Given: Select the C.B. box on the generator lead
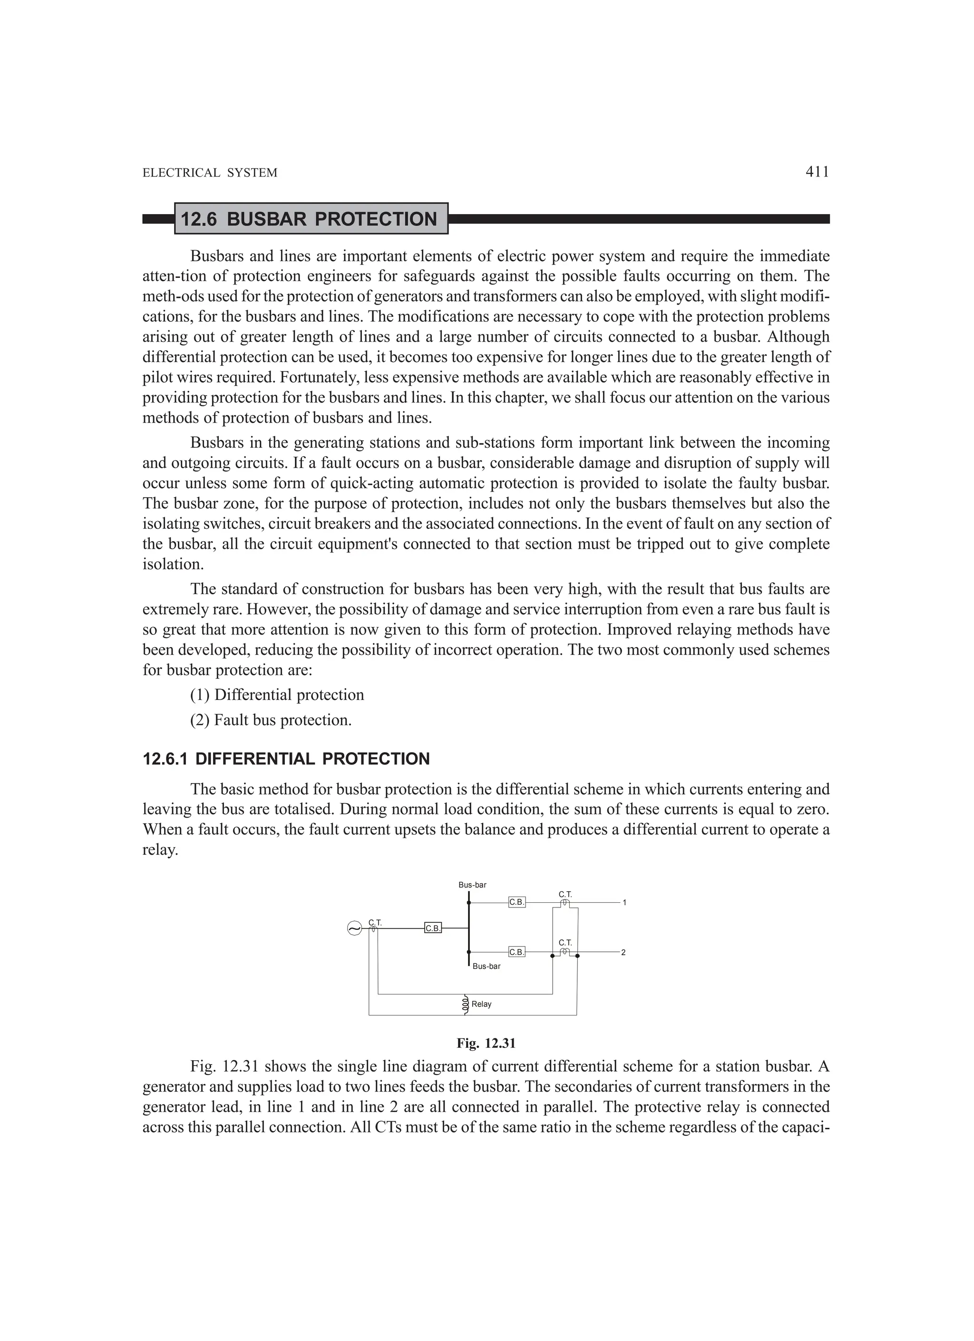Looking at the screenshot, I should [433, 928].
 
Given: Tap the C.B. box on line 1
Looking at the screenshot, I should [516, 902].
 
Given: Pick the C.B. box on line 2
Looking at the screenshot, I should [516, 952].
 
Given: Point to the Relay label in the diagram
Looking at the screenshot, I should [482, 1004].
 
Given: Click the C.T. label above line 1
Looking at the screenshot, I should [565, 895].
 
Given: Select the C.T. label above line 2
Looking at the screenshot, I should [565, 943].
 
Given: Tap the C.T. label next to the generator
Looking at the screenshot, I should [375, 922].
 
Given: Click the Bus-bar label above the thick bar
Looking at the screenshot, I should [472, 885].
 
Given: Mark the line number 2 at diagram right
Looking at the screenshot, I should [623, 953].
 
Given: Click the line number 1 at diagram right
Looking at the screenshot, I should [624, 903].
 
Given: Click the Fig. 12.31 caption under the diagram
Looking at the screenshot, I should [486, 1043].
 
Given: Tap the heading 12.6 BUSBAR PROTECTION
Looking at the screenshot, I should [309, 219].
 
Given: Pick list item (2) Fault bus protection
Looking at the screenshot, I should [271, 720].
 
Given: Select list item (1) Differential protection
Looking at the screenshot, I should [277, 695].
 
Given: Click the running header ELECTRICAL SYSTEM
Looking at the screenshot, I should [210, 173].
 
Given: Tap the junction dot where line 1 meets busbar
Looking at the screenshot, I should [468, 903].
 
